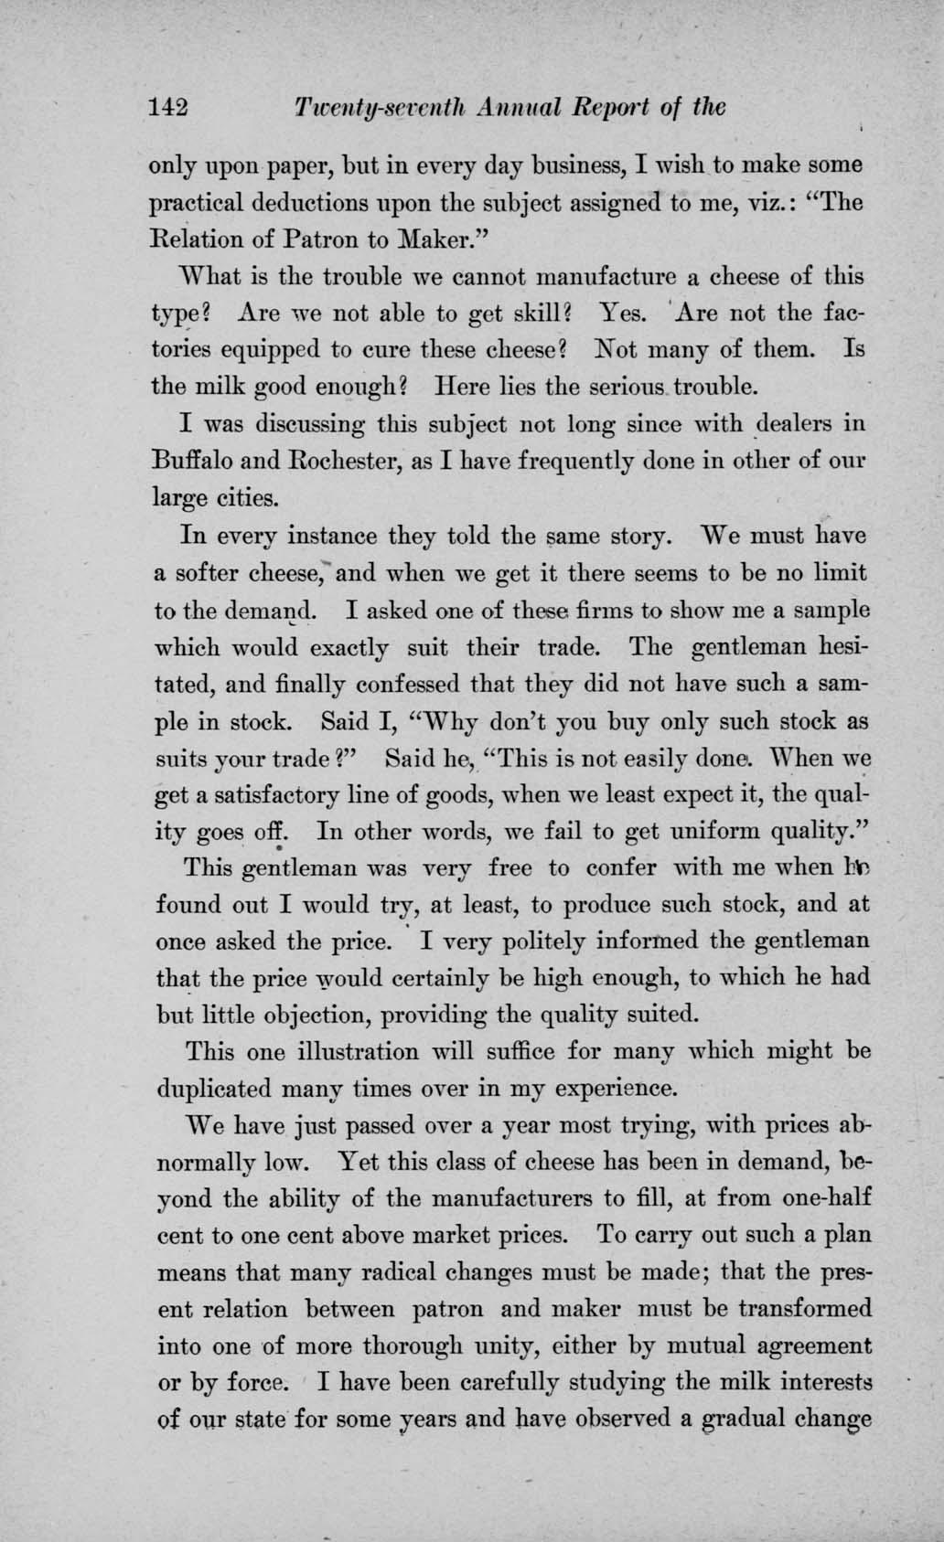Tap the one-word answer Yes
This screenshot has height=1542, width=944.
pos(624,314)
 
